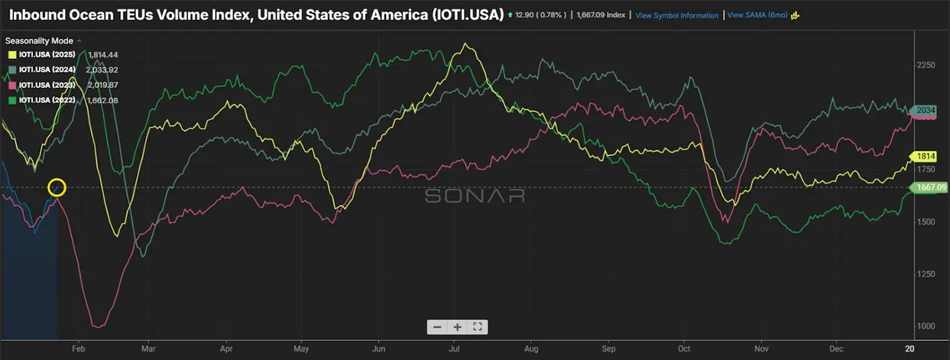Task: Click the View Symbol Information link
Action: click(x=676, y=15)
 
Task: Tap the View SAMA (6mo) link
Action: click(x=755, y=15)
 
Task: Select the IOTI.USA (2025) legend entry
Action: click(x=47, y=55)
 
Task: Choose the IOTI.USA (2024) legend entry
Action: click(x=47, y=70)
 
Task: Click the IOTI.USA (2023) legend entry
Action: click(x=47, y=85)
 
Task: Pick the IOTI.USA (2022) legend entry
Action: click(x=47, y=99)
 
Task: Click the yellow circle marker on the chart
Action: click(x=57, y=187)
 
